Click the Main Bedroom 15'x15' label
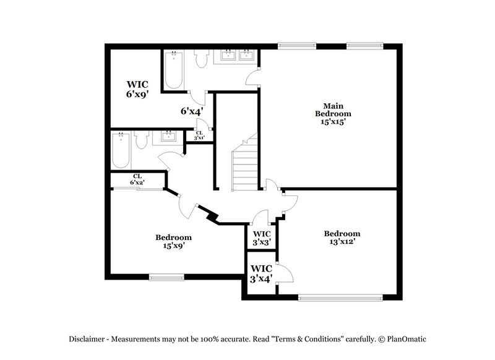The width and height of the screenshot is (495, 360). click(333, 114)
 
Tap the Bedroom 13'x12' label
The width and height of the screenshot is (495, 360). click(342, 238)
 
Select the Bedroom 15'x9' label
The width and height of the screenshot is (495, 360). click(173, 241)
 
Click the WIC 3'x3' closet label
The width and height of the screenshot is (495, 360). click(261, 238)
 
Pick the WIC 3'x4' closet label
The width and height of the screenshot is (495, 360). click(261, 273)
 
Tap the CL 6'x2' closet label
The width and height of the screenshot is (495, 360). click(137, 179)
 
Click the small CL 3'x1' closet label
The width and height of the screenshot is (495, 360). click(199, 135)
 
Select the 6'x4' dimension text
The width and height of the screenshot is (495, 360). click(192, 111)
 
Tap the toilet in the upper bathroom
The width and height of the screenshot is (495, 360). click(200, 59)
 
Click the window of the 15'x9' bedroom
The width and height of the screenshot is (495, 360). click(166, 277)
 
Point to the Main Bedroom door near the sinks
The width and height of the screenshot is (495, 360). click(253, 77)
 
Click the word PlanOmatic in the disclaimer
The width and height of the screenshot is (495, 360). click(406, 339)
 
